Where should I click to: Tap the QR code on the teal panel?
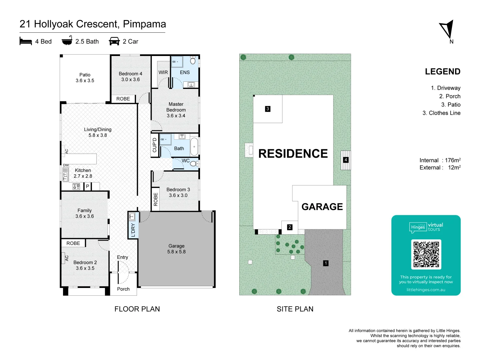pyautogui.click(x=426, y=254)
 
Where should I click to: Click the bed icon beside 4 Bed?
pyautogui.click(x=26, y=41)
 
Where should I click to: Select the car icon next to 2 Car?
pyautogui.click(x=114, y=41)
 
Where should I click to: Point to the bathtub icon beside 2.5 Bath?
pyautogui.click(x=67, y=40)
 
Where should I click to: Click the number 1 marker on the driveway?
pyautogui.click(x=326, y=263)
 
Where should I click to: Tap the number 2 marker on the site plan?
pyautogui.click(x=290, y=227)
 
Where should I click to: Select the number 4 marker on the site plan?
pyautogui.click(x=346, y=160)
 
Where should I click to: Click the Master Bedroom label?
pyautogui.click(x=176, y=110)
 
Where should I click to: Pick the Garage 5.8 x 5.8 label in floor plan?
pyautogui.click(x=176, y=249)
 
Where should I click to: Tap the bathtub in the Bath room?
pyautogui.click(x=194, y=146)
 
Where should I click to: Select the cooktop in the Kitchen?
pyautogui.click(x=76, y=186)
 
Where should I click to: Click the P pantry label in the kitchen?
pyautogui.click(x=87, y=186)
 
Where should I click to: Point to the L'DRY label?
pyautogui.click(x=133, y=230)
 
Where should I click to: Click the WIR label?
pyautogui.click(x=163, y=72)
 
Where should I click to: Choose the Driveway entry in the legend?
pyautogui.click(x=446, y=88)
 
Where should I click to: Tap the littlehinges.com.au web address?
pyautogui.click(x=426, y=290)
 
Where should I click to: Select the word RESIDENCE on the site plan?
pyautogui.click(x=293, y=153)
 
